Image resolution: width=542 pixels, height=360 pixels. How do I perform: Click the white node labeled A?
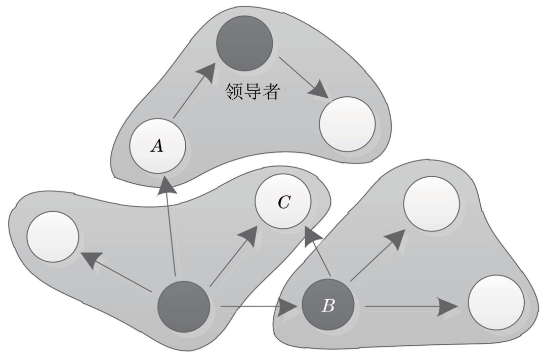coord(157,146)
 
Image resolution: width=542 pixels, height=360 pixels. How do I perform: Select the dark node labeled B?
coord(328,305)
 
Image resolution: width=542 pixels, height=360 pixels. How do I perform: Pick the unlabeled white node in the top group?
coord(347,124)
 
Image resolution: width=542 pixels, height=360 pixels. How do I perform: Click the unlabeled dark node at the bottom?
coord(184,306)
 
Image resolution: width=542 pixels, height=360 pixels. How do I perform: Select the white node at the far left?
coord(53,236)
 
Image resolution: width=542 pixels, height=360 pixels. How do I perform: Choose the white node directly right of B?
coord(495,302)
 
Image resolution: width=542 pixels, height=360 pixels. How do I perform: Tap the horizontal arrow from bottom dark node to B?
coord(257,306)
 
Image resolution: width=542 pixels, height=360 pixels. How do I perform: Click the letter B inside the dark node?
coord(328,306)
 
